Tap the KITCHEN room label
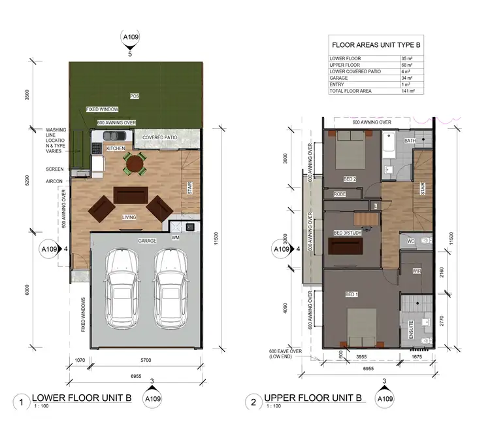coord(116,148)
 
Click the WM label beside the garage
coord(176,238)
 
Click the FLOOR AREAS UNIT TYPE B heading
coord(374,45)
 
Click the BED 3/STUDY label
coord(348,233)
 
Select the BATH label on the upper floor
coord(410,141)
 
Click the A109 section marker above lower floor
coord(130,39)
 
